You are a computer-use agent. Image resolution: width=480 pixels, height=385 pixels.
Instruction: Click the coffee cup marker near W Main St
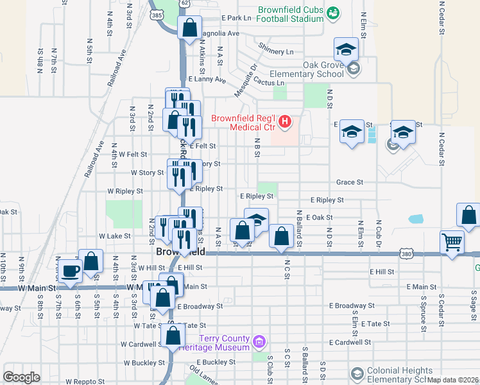69,269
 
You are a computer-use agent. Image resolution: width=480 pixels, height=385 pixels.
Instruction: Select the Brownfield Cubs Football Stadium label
291,14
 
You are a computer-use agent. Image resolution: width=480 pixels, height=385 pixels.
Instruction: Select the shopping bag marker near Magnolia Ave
189,28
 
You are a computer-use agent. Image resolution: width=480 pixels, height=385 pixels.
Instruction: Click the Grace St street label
350,182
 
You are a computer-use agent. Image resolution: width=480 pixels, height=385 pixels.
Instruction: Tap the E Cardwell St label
350,343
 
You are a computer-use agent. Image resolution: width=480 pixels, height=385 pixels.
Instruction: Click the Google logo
21,377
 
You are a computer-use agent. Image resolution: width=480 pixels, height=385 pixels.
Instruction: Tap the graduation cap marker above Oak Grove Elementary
345,49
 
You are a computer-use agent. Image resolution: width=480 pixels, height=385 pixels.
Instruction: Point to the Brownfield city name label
180,252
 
